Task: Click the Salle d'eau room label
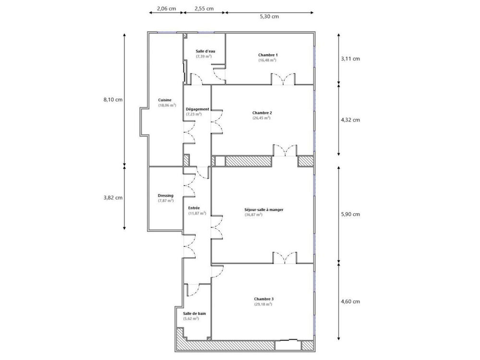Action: [205, 51]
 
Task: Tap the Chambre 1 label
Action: [268, 55]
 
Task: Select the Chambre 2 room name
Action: [262, 113]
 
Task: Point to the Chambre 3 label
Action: [264, 299]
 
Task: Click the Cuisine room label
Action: [165, 100]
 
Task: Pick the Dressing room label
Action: [166, 195]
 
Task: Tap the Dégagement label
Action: [197, 109]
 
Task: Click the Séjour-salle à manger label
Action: [260, 209]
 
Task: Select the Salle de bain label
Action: [194, 313]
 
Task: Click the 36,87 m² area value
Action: [253, 215]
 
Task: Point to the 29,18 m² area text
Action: [263, 304]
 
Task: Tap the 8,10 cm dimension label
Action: [113, 100]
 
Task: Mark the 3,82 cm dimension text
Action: [113, 197]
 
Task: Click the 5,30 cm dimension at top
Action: [269, 16]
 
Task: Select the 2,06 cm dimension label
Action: [166, 8]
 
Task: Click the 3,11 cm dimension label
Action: [350, 59]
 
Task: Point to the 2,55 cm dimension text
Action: [204, 8]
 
